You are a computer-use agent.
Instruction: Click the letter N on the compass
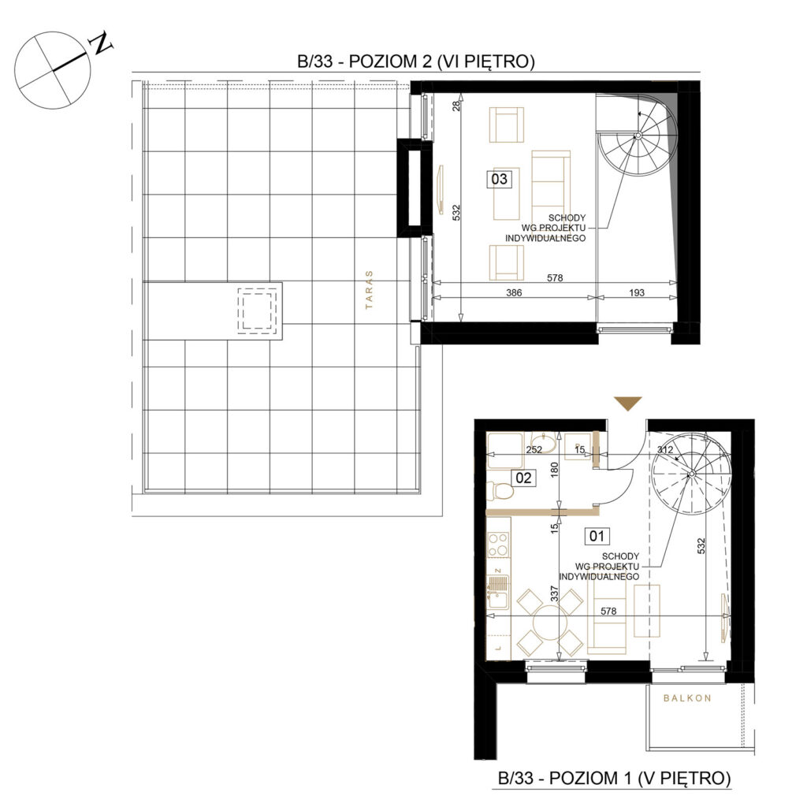point(102,43)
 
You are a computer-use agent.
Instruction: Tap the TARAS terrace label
point(369,290)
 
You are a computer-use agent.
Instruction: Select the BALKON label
point(687,698)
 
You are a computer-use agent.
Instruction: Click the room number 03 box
point(499,179)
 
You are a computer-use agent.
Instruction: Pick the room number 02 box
point(523,478)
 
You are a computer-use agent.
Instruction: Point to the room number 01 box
point(597,536)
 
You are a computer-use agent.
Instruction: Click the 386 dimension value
point(514,292)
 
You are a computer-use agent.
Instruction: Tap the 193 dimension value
point(637,292)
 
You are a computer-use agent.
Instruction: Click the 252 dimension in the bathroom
point(534,449)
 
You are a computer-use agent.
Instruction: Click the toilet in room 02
point(500,492)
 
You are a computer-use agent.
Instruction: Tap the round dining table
point(550,623)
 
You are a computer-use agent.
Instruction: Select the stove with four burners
point(498,545)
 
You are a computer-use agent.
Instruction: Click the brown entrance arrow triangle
point(628,403)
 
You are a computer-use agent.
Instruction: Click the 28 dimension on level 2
point(456,106)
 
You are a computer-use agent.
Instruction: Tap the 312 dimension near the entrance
point(665,449)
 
